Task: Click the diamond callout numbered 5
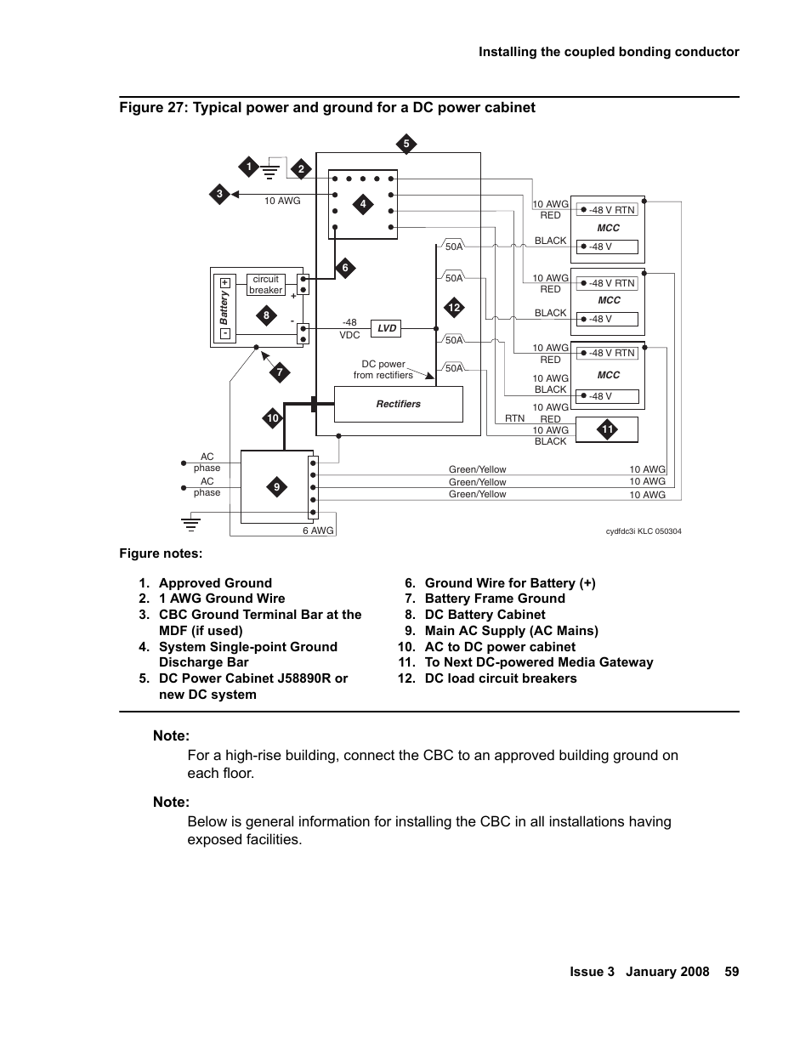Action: coord(406,144)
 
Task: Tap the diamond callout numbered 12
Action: coord(454,308)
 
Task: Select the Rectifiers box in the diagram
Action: coord(398,404)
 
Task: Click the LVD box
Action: coord(387,328)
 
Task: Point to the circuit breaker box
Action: coord(265,285)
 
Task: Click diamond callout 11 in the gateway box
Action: coord(607,429)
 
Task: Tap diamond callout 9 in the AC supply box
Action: coord(276,487)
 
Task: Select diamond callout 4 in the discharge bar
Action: coord(363,204)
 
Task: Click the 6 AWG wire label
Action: coord(318,531)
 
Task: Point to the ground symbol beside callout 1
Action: coord(270,170)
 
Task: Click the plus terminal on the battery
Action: coord(225,283)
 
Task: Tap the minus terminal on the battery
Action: coord(225,333)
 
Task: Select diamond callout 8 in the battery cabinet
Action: coord(266,315)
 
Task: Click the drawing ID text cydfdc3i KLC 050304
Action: coord(643,531)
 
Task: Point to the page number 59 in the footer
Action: coord(732,972)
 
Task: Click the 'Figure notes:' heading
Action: coord(161,553)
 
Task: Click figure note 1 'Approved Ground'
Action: coord(214,583)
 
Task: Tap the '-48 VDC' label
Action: coord(349,329)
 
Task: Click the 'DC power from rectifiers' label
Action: coord(383,370)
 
